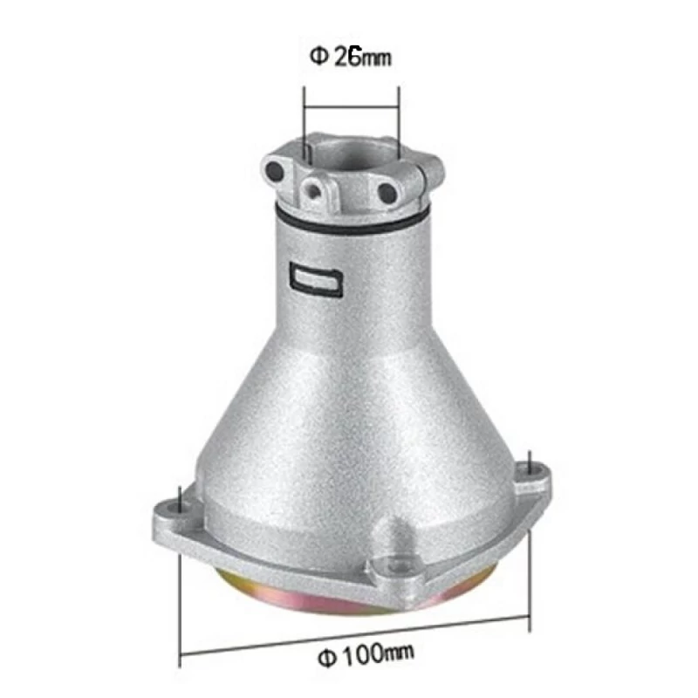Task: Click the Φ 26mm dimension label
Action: pos(351,57)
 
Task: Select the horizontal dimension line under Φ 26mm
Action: pos(352,106)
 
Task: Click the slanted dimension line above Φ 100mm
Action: pos(354,635)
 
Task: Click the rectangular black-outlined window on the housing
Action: pos(317,278)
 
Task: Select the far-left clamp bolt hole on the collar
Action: pos(274,170)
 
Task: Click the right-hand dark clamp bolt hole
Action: pos(387,192)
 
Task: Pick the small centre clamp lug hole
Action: pos(314,191)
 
